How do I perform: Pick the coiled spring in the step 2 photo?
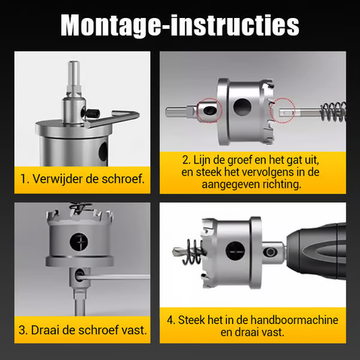(x=330, y=111)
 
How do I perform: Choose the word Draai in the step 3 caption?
(x=49, y=331)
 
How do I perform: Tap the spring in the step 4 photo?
(x=191, y=253)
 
